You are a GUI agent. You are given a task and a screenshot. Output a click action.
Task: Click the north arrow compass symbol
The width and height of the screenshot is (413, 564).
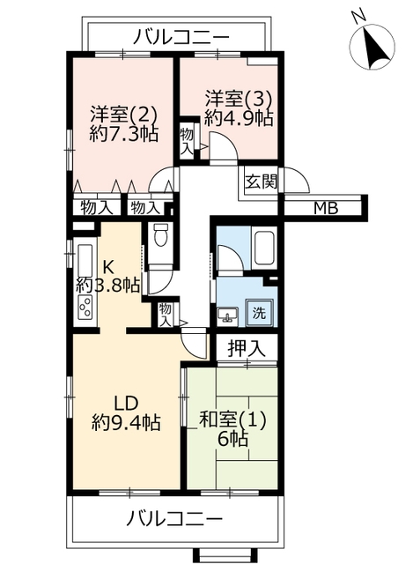(x=372, y=46)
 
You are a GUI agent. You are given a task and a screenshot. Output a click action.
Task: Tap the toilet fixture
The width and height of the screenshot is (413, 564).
(x=160, y=234)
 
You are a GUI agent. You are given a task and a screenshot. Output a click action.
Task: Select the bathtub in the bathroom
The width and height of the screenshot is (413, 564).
(x=264, y=248)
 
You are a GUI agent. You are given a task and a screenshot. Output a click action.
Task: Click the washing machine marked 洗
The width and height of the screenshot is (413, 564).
(x=259, y=313)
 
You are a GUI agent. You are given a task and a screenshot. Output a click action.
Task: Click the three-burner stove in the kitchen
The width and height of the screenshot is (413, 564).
(x=85, y=308)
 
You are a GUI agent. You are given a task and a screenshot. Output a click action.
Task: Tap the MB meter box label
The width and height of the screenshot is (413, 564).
(x=326, y=208)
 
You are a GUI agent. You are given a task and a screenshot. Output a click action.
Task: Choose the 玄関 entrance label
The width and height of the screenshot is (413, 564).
(x=261, y=182)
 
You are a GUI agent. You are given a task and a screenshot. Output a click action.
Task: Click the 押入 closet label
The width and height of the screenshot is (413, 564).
(x=247, y=348)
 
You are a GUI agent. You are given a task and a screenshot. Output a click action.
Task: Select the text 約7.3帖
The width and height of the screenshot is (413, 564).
(x=124, y=134)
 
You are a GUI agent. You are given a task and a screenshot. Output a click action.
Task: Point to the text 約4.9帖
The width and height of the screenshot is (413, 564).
(x=239, y=117)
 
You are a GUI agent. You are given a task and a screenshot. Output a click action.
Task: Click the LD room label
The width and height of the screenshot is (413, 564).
(x=126, y=404)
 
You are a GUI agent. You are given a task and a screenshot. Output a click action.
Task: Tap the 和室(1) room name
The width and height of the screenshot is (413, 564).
(x=232, y=419)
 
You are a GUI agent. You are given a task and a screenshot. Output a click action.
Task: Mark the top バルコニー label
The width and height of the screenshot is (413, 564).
(x=181, y=37)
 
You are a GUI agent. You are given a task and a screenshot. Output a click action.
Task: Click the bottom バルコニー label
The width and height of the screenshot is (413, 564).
(x=174, y=518)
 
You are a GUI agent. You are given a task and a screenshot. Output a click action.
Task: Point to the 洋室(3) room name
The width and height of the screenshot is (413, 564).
(x=239, y=99)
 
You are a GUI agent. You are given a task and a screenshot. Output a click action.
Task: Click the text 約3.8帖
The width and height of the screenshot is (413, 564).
(x=108, y=286)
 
